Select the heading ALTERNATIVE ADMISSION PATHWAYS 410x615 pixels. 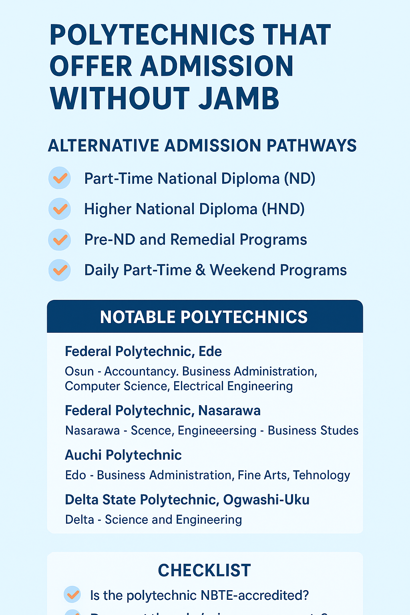[202, 146]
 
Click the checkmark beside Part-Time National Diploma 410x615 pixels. [60, 178]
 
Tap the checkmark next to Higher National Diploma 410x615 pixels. [60, 209]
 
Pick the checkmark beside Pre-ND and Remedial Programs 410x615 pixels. [60, 239]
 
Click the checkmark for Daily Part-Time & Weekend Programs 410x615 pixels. [60, 270]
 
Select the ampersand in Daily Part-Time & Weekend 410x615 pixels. [201, 270]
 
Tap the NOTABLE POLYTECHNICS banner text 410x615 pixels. [204, 317]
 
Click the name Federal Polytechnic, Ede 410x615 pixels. [143, 352]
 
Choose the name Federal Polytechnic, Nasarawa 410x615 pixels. [163, 411]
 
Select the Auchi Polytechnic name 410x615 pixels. [123, 455]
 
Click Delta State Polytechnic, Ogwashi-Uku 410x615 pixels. [187, 500]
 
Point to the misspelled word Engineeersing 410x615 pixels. [217, 431]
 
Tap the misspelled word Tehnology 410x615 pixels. [322, 475]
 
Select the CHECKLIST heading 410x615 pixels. [204, 571]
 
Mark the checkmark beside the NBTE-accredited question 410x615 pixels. [72, 595]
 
